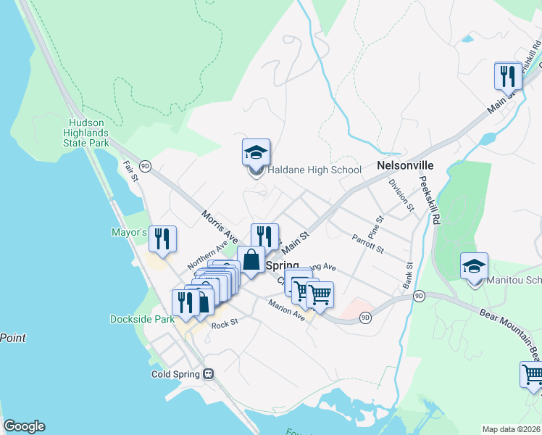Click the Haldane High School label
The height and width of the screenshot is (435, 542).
[314, 170]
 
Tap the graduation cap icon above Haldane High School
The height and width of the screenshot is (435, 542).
[256, 153]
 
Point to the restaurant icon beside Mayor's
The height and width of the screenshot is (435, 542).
[163, 238]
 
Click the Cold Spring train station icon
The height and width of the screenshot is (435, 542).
[209, 374]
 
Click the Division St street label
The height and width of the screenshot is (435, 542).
[401, 195]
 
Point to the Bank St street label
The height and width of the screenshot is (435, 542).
[409, 273]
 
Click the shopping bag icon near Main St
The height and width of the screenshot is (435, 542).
[251, 259]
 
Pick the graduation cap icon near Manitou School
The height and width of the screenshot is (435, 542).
[475, 266]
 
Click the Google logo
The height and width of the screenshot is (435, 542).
[24, 426]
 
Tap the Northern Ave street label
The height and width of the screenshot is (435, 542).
[208, 254]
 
